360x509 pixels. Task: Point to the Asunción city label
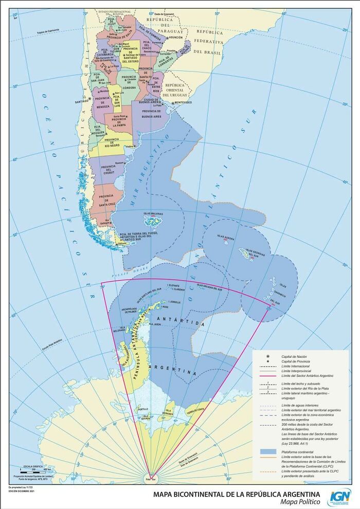pos(176,38)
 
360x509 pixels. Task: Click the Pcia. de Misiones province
pos(185,49)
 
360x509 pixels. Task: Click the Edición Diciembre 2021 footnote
pos(22,492)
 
